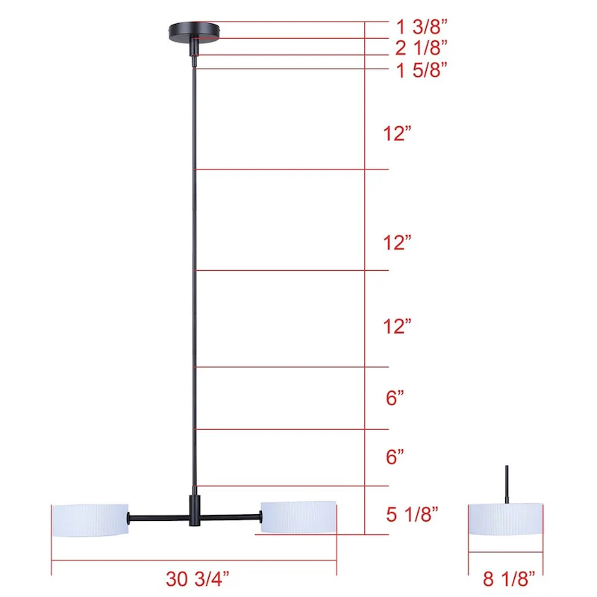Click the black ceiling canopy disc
[195, 31]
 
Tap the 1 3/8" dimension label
[421, 28]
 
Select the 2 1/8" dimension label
[421, 48]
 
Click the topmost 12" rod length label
[398, 134]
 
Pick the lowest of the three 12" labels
[398, 326]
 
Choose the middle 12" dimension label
[398, 243]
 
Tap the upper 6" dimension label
[396, 398]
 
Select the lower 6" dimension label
[396, 453]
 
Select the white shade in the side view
[506, 518]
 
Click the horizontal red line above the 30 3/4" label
[194, 560]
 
